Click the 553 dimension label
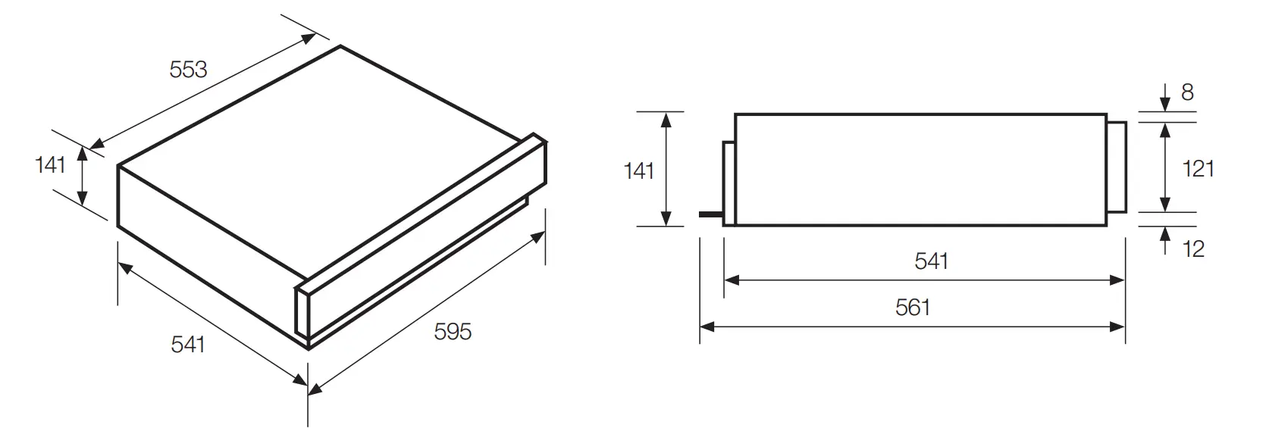tap(188, 70)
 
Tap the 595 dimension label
tap(453, 331)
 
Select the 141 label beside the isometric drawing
tap(51, 164)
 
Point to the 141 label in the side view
tap(638, 171)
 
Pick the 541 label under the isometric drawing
tap(188, 344)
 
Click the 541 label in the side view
tap(932, 261)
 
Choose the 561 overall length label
tap(913, 308)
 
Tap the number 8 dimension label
tap(1187, 92)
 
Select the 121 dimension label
tap(1198, 168)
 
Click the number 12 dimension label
tap(1193, 249)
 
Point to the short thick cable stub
tap(710, 214)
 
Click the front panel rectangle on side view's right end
tap(1116, 168)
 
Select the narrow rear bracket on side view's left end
tap(728, 183)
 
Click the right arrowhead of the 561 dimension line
tap(1118, 327)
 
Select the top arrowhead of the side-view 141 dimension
tap(666, 118)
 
